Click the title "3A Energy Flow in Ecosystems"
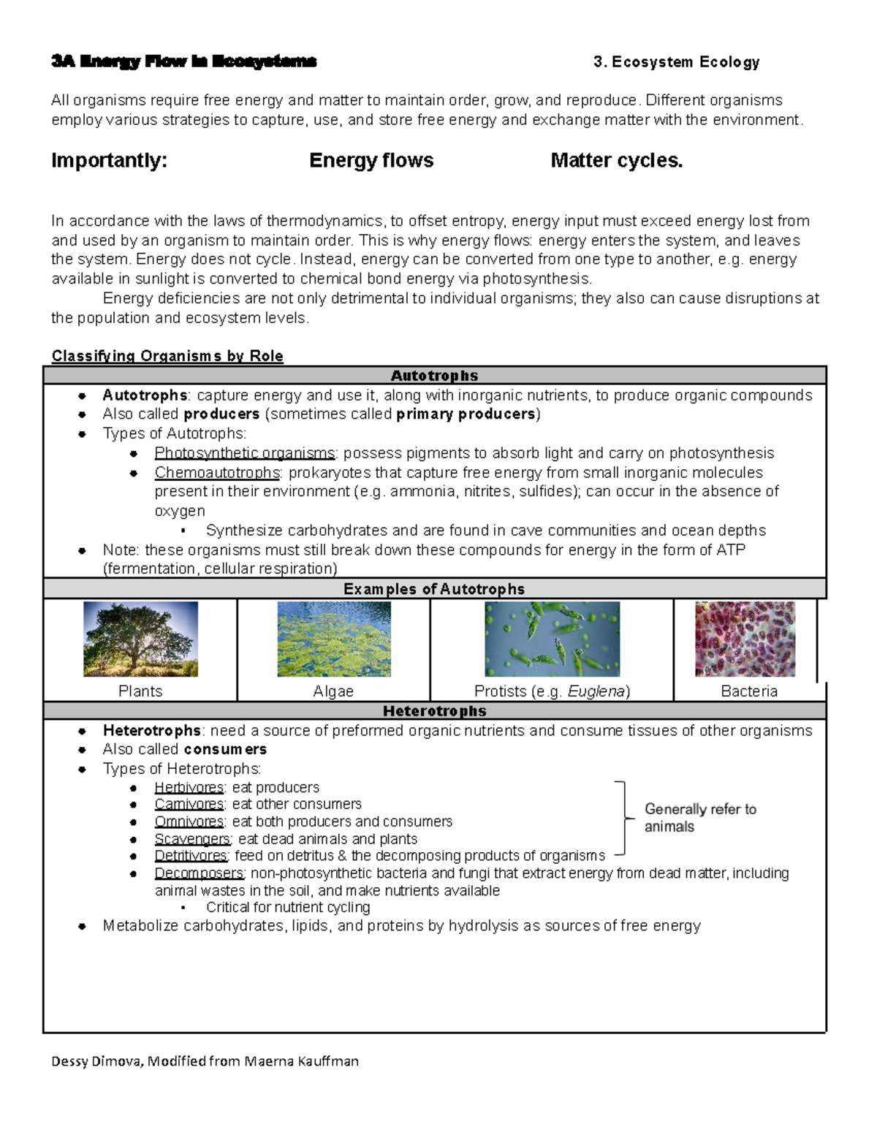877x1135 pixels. click(x=183, y=61)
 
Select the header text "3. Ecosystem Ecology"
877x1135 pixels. click(x=676, y=62)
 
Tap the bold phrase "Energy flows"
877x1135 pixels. click(x=371, y=161)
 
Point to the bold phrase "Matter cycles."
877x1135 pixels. click(x=616, y=161)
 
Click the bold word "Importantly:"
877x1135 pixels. click(x=109, y=161)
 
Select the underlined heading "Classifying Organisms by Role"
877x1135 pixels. click(x=167, y=356)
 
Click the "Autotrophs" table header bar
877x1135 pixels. click(x=434, y=376)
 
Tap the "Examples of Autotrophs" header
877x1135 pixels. click(x=434, y=589)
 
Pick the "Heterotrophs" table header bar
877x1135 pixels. click(x=434, y=711)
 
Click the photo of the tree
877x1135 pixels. click(x=140, y=639)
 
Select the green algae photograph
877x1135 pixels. click(x=334, y=639)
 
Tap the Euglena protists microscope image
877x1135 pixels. click(x=552, y=639)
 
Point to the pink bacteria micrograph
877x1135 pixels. click(x=745, y=639)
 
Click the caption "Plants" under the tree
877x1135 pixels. click(x=140, y=691)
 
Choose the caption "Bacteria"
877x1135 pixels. click(x=749, y=691)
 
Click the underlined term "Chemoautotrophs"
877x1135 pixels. click(x=217, y=473)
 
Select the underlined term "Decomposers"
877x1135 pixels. click(x=199, y=873)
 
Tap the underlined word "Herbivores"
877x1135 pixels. click(x=189, y=788)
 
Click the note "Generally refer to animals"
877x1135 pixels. click(x=699, y=818)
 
